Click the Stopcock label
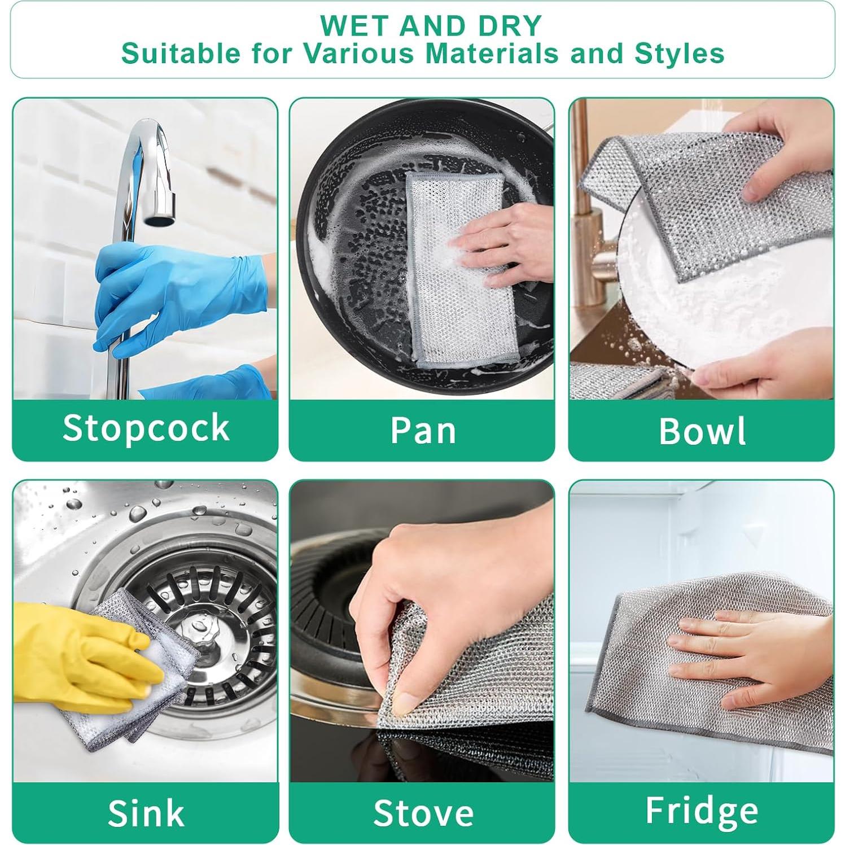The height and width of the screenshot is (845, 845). click(x=146, y=428)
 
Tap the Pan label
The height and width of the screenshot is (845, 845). click(x=422, y=430)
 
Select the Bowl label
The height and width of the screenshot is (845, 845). click(x=702, y=431)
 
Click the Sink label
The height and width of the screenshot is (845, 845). click(x=146, y=813)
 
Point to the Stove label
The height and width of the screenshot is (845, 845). click(x=423, y=813)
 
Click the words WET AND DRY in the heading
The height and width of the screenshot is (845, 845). click(x=431, y=26)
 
